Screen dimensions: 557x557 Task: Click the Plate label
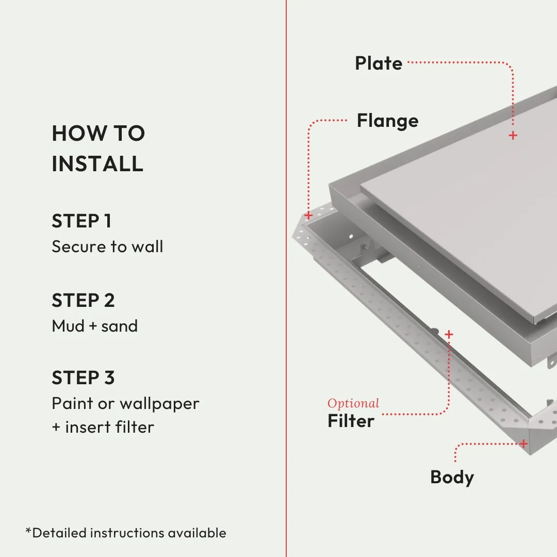379,63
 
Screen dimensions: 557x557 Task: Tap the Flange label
387,121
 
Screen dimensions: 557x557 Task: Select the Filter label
351,421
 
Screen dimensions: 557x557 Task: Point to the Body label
452,477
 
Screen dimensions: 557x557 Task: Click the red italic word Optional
353,403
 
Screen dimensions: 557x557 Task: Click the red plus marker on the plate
513,136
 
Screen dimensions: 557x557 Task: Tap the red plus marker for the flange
308,215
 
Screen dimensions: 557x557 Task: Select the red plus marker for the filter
449,335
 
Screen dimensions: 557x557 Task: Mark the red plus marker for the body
523,444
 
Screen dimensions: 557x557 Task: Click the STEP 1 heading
81,221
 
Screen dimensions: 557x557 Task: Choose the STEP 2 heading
83,300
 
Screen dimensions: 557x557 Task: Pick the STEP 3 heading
83,378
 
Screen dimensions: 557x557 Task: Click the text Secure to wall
107,247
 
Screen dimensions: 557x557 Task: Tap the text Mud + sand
95,326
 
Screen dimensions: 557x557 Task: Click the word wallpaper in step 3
159,403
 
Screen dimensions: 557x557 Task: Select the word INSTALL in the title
97,163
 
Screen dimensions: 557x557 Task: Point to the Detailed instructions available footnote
126,532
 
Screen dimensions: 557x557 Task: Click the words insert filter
109,427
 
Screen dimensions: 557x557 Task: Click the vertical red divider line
286,278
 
